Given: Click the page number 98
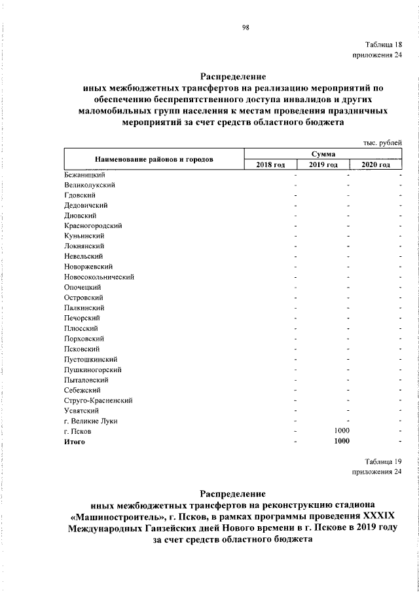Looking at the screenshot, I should (245, 27).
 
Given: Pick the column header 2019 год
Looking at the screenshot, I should (323, 164).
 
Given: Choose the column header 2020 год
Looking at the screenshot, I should (376, 164).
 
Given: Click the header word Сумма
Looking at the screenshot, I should (323, 153).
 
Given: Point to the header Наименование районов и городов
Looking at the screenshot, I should (154, 159).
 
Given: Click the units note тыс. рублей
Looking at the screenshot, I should (382, 142).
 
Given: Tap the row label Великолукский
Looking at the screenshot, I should (90, 185).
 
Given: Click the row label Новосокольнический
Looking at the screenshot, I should (100, 277).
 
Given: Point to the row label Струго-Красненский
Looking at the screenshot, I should (99, 400).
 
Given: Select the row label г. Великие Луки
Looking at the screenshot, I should (91, 421).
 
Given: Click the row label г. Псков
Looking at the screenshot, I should (79, 431).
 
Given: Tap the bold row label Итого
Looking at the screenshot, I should (75, 442).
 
